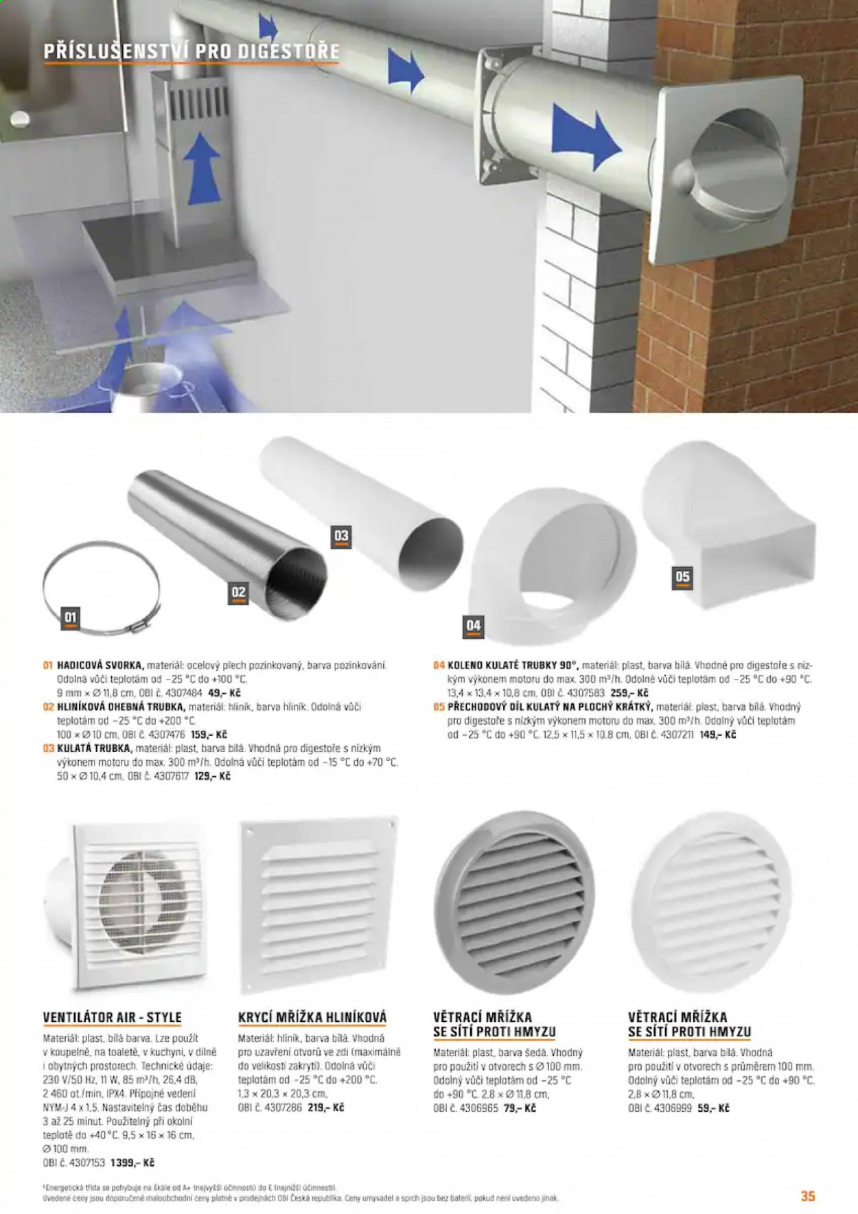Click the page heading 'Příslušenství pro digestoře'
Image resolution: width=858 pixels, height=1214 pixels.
[x=192, y=51]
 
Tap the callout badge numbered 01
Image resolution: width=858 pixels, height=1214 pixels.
[x=71, y=618]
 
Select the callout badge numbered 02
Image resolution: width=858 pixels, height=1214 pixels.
[x=238, y=593]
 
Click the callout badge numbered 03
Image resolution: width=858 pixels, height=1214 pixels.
[x=341, y=536]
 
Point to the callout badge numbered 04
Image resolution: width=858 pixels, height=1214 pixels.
[x=474, y=626]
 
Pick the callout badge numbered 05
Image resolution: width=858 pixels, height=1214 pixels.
[x=682, y=577]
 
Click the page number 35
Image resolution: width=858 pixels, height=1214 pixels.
[x=808, y=1196]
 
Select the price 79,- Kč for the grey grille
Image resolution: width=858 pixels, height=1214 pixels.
[x=520, y=1108]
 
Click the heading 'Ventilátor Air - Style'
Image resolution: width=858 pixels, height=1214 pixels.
[x=112, y=1017]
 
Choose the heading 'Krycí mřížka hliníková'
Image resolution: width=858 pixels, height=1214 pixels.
[x=312, y=1017]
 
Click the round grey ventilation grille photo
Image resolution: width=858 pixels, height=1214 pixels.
[x=515, y=903]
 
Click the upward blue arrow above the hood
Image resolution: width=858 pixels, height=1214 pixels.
[x=202, y=173]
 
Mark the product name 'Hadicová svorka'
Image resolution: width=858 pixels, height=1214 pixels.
[x=100, y=665]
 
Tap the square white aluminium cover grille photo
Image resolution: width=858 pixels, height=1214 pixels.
[x=319, y=904]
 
